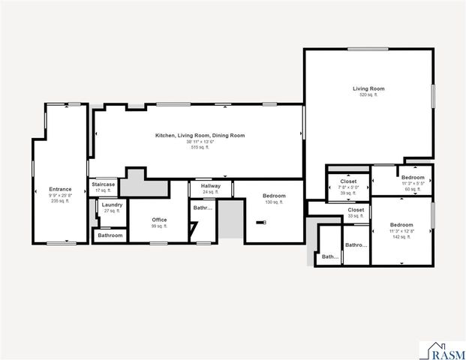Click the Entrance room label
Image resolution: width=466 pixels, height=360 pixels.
pyautogui.click(x=60, y=189)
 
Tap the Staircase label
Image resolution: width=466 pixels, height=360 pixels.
pyautogui.click(x=103, y=184)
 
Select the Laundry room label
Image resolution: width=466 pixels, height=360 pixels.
pyautogui.click(x=112, y=205)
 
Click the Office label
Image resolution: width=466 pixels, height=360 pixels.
pyautogui.click(x=159, y=220)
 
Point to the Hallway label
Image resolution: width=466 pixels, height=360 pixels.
pyautogui.click(x=210, y=185)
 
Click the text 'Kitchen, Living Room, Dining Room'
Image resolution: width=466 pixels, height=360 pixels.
pyautogui.click(x=200, y=136)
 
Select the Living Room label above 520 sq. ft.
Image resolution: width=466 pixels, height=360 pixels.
pyautogui.click(x=368, y=88)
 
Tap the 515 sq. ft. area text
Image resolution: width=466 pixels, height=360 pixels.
pyautogui.click(x=200, y=148)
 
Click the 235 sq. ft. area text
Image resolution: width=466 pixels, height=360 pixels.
pyautogui.click(x=60, y=201)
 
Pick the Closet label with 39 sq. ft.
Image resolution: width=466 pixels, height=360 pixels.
pyautogui.click(x=348, y=181)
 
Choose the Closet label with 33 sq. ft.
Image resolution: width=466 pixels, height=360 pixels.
pyautogui.click(x=356, y=210)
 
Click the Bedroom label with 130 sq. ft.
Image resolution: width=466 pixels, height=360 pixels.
pyautogui.click(x=274, y=196)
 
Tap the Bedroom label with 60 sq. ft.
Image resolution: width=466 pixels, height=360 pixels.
pyautogui.click(x=413, y=177)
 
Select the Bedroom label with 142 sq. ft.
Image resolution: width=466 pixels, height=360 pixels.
pyautogui.click(x=401, y=225)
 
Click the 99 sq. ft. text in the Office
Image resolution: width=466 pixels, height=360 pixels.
pyautogui.click(x=159, y=226)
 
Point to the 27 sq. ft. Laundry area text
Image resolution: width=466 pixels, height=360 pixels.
pyautogui.click(x=112, y=211)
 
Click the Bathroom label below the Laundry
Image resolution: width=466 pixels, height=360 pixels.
pyautogui.click(x=110, y=235)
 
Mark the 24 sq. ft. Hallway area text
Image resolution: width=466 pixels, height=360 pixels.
pyautogui.click(x=210, y=192)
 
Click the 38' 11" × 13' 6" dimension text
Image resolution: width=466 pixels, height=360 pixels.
pyautogui.click(x=200, y=142)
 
